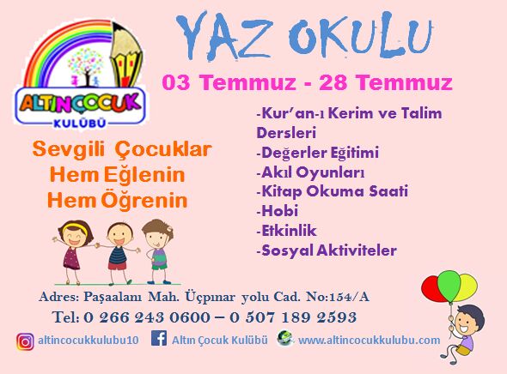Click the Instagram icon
coord(25,341)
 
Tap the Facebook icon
coord(159,338)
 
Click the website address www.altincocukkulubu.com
coord(369,341)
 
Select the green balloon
coord(449,286)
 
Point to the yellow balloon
coord(467,287)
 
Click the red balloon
coord(432,289)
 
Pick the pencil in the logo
coord(126,55)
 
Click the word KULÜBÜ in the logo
coord(80,124)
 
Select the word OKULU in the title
coord(360,36)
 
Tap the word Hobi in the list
coord(279,211)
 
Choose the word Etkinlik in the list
coord(289,231)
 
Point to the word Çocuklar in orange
coord(163,150)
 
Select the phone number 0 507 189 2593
coord(293,317)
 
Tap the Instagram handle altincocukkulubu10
coord(89,341)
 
